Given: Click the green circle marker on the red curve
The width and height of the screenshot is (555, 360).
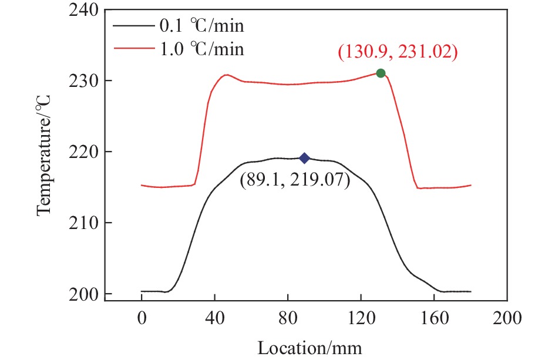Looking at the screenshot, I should point(381,73).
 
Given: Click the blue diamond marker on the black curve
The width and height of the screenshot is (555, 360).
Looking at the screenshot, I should point(304,158).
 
